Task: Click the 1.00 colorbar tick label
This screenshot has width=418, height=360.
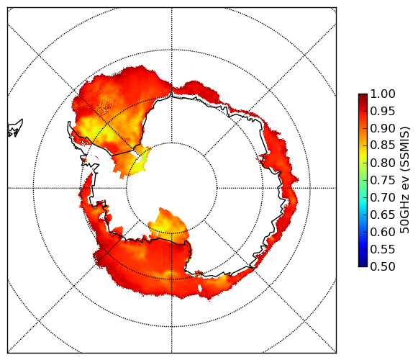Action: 383,94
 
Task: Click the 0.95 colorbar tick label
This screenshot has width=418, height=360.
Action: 383,112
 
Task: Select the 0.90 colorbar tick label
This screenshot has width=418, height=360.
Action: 383,128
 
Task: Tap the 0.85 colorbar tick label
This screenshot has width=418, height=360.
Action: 383,145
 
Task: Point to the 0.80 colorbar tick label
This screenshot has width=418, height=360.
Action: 383,163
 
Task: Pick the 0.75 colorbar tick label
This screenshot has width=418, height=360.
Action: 383,181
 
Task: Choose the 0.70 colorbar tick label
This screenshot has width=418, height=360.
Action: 383,197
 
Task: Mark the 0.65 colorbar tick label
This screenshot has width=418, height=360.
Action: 383,215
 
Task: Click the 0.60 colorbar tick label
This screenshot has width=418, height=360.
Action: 383,232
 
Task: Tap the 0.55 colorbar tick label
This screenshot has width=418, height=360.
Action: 383,249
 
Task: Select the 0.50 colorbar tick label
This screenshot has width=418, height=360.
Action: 383,266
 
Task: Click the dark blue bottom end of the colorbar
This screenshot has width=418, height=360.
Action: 363,264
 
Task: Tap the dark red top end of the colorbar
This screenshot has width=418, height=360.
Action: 363,96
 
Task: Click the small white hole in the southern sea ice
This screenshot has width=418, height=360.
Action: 199,289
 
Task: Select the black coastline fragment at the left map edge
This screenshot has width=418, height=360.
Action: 15,128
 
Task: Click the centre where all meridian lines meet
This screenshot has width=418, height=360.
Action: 172,188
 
